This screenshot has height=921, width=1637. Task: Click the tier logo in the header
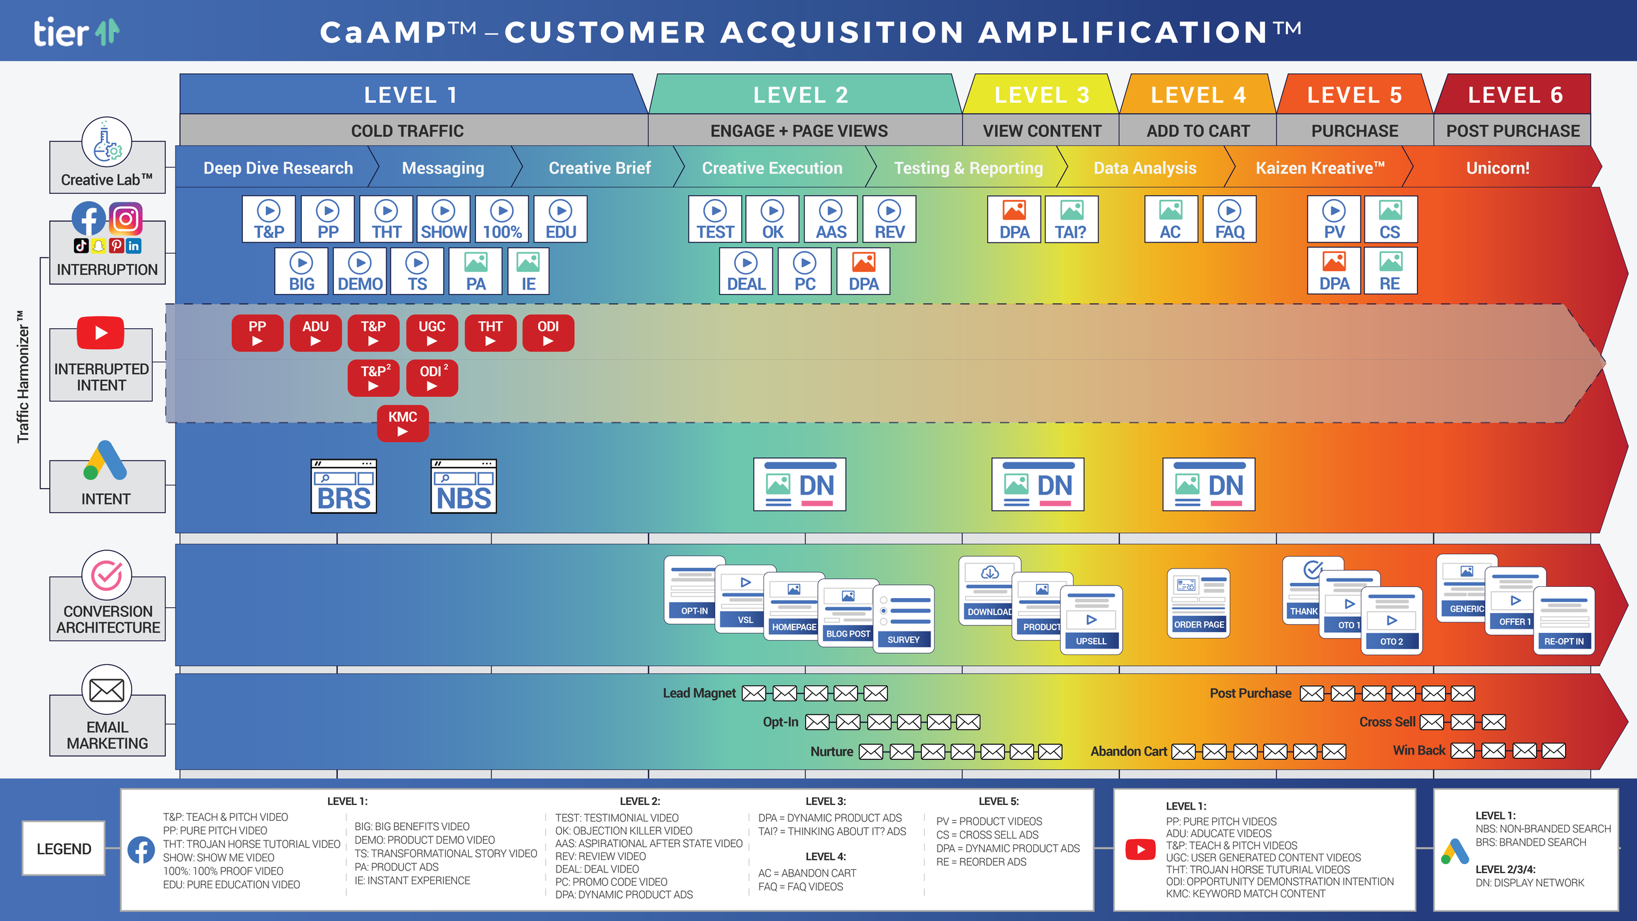77,32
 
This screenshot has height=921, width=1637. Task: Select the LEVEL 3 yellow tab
1041,94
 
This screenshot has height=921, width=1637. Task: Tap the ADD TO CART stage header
1198,130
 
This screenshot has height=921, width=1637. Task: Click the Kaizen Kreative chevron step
1319,168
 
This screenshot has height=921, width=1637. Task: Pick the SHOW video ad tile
443,219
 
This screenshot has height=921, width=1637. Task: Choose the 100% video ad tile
502,219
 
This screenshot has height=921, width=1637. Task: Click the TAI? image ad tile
1071,219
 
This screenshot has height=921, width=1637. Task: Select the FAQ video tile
1229,219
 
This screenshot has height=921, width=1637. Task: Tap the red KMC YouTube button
403,423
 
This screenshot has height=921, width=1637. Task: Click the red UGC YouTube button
432,333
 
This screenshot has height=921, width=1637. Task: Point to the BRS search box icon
344,486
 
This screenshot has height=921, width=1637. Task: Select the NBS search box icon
464,486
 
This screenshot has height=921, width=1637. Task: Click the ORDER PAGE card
1198,603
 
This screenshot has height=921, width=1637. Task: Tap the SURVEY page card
904,618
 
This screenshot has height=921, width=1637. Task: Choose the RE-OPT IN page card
1564,620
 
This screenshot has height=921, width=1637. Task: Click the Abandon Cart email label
1128,751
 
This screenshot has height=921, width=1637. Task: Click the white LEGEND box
64,848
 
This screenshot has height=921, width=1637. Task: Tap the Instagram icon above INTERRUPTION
126,218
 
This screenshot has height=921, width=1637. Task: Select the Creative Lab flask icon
106,142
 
